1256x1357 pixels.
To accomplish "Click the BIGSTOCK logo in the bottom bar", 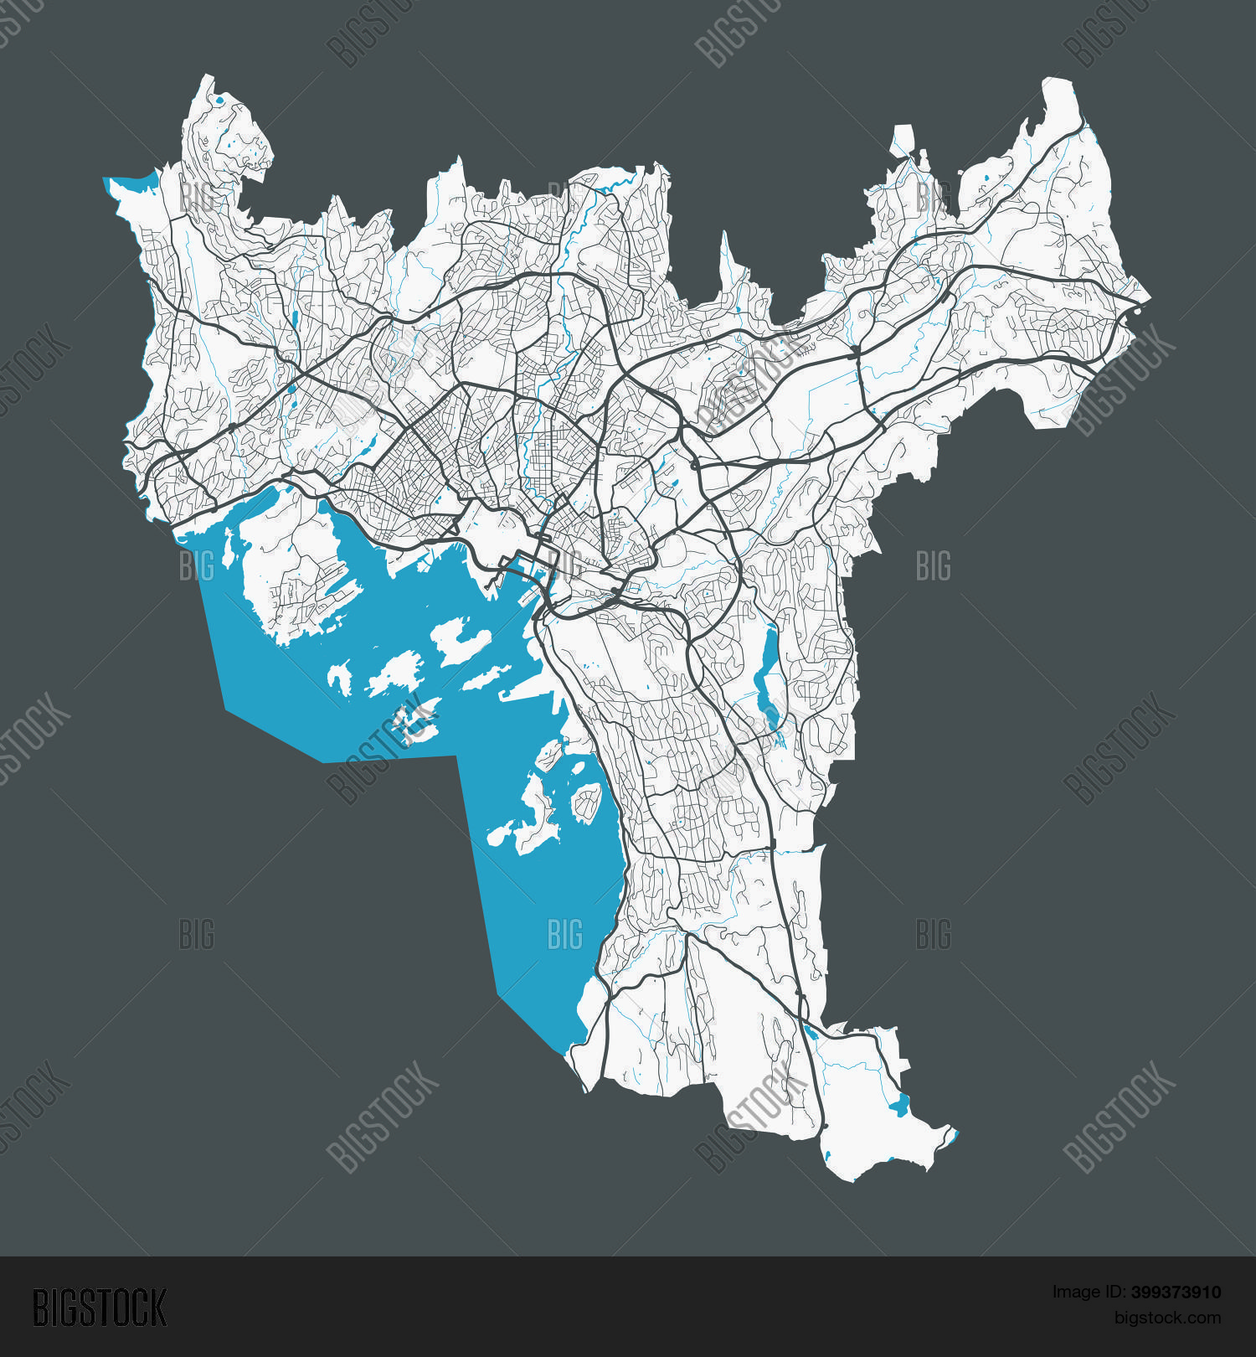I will [x=99, y=1308].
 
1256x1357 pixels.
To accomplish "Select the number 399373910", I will [x=1176, y=1293].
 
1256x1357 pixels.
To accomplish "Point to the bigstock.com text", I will [x=1166, y=1318].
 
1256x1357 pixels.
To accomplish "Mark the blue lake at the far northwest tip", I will [x=134, y=183].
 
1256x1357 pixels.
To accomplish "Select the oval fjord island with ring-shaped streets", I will [x=587, y=801].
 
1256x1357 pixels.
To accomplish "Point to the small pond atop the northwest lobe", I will [x=219, y=102].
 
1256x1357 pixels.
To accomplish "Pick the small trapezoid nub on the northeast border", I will [x=903, y=138].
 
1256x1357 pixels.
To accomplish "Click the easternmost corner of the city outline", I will [x=1149, y=299].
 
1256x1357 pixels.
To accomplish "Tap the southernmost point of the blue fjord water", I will [x=559, y=1052].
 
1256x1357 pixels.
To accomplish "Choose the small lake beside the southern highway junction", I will [x=809, y=1032].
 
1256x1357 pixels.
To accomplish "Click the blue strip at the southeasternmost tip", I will [x=953, y=1136].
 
